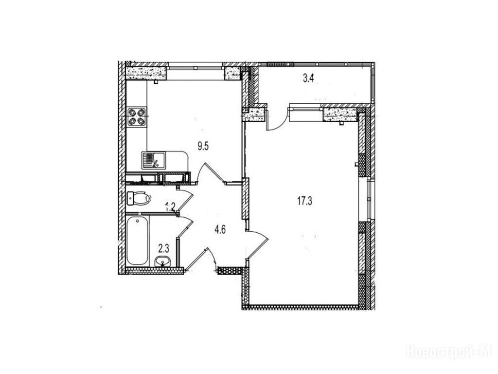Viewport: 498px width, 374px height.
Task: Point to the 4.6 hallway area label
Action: [x=220, y=229]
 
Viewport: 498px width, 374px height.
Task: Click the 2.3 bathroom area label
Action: [x=163, y=247]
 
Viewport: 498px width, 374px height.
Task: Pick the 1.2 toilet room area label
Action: [x=170, y=206]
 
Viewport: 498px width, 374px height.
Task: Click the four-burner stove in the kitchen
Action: [x=137, y=117]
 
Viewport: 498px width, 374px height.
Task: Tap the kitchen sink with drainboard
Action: [x=154, y=160]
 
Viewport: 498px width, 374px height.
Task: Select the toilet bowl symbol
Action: [x=139, y=198]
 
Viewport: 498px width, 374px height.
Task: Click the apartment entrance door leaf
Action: [x=197, y=259]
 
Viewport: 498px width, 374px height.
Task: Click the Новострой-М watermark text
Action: [x=449, y=352]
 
